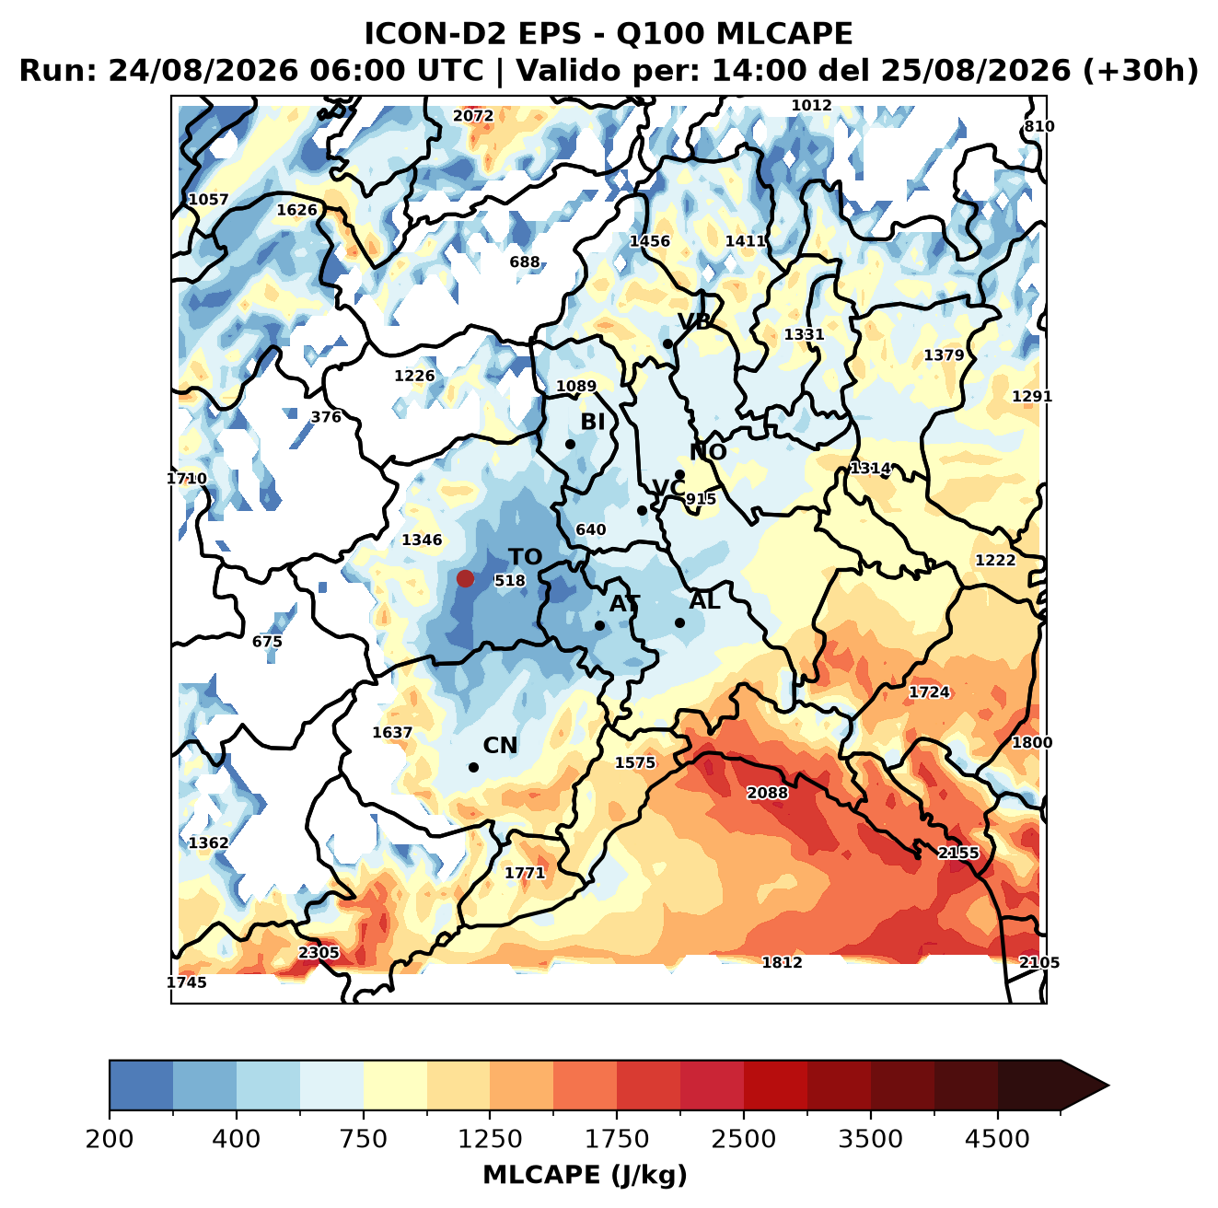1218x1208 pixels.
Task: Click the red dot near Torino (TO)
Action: coord(465,578)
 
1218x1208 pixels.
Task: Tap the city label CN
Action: coord(500,746)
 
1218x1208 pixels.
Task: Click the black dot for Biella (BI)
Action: coord(570,445)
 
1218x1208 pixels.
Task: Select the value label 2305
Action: coord(319,952)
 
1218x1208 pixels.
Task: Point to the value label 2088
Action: coord(767,793)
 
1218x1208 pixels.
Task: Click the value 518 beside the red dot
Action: coord(509,580)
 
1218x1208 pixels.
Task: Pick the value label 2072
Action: coord(473,116)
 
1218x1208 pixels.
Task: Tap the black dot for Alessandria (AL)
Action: coord(679,622)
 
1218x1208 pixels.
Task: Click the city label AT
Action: coord(624,604)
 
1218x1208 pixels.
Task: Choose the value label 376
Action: coord(326,417)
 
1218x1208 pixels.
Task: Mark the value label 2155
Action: coord(958,854)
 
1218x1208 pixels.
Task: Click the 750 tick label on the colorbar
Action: coord(363,1140)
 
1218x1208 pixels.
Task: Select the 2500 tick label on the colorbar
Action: coord(743,1140)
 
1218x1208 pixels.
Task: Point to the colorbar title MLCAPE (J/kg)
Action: coord(585,1175)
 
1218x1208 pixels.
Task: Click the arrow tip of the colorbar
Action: coord(1108,1086)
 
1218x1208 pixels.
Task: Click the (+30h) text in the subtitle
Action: coord(1141,71)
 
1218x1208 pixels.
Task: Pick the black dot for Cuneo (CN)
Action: coord(473,767)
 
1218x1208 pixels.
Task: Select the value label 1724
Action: coord(929,692)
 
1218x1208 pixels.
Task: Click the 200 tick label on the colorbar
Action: coord(110,1140)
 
